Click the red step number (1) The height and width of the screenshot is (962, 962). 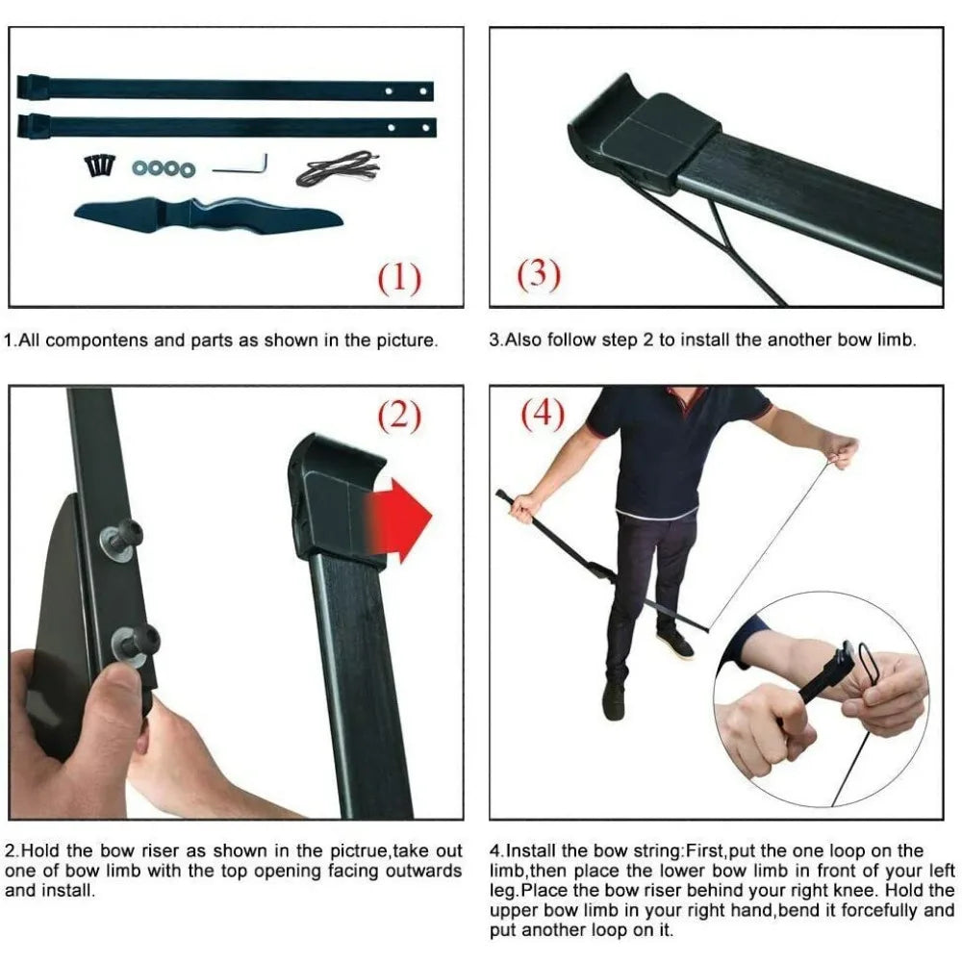399,279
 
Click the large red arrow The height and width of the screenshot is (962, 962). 399,520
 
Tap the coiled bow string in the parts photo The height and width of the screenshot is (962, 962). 338,168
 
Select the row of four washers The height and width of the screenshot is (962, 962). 164,168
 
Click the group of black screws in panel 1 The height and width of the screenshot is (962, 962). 99,165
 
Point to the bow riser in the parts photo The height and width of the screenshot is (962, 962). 209,216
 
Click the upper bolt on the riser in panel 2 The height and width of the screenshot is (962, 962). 123,538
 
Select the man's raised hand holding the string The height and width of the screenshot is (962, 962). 841,451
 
